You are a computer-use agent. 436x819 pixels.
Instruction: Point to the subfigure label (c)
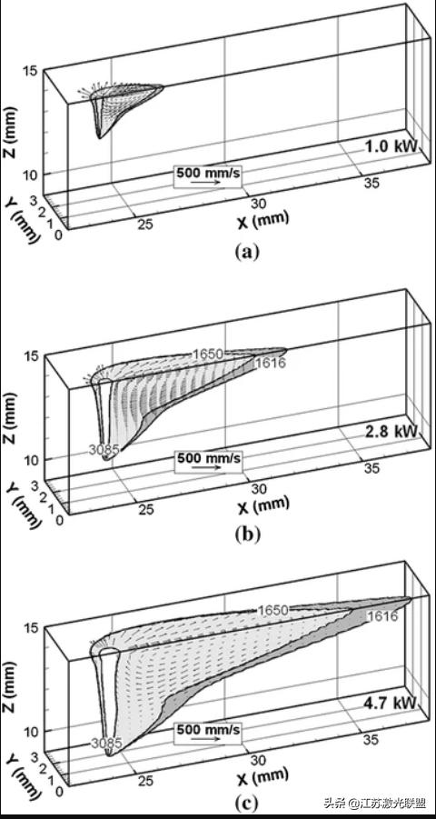[244, 803]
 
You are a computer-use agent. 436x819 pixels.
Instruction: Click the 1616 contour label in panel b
[270, 364]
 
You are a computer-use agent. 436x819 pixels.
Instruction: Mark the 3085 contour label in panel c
[106, 743]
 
